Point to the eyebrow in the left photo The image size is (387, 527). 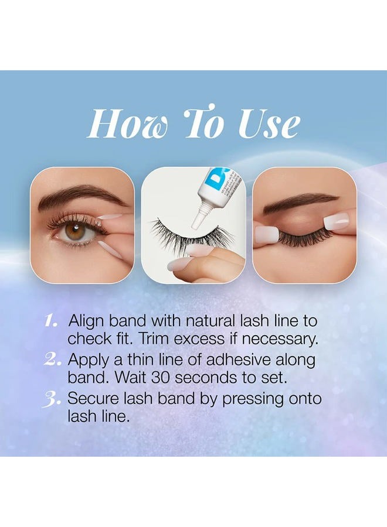point(82,196)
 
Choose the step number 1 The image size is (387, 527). point(52,321)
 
